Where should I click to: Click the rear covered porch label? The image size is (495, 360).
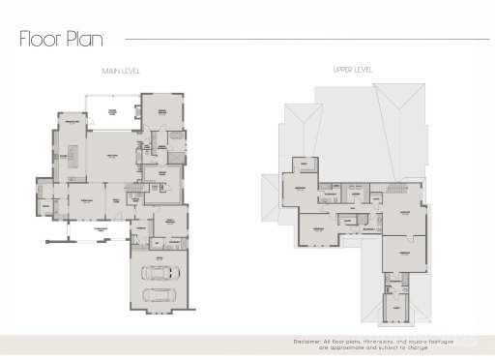(113, 114)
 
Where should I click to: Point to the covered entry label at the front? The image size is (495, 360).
(100, 228)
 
